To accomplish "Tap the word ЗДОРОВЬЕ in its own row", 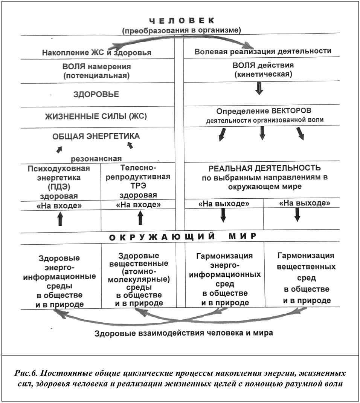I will click(96, 94).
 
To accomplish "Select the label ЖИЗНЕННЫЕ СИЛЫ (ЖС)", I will click(96, 116).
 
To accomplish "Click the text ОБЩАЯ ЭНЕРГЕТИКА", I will click(96, 136).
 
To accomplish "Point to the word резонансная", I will click(96, 158).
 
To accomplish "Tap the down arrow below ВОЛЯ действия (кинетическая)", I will click(259, 87).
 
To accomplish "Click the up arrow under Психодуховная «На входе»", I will click(60, 219).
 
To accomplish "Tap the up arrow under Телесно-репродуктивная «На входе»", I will click(140, 218).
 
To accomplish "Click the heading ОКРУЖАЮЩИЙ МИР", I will click(183, 237).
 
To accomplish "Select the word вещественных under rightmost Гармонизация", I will click(306, 267).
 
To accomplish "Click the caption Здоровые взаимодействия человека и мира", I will click(183, 333).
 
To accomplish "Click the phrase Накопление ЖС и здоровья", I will click(97, 53).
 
